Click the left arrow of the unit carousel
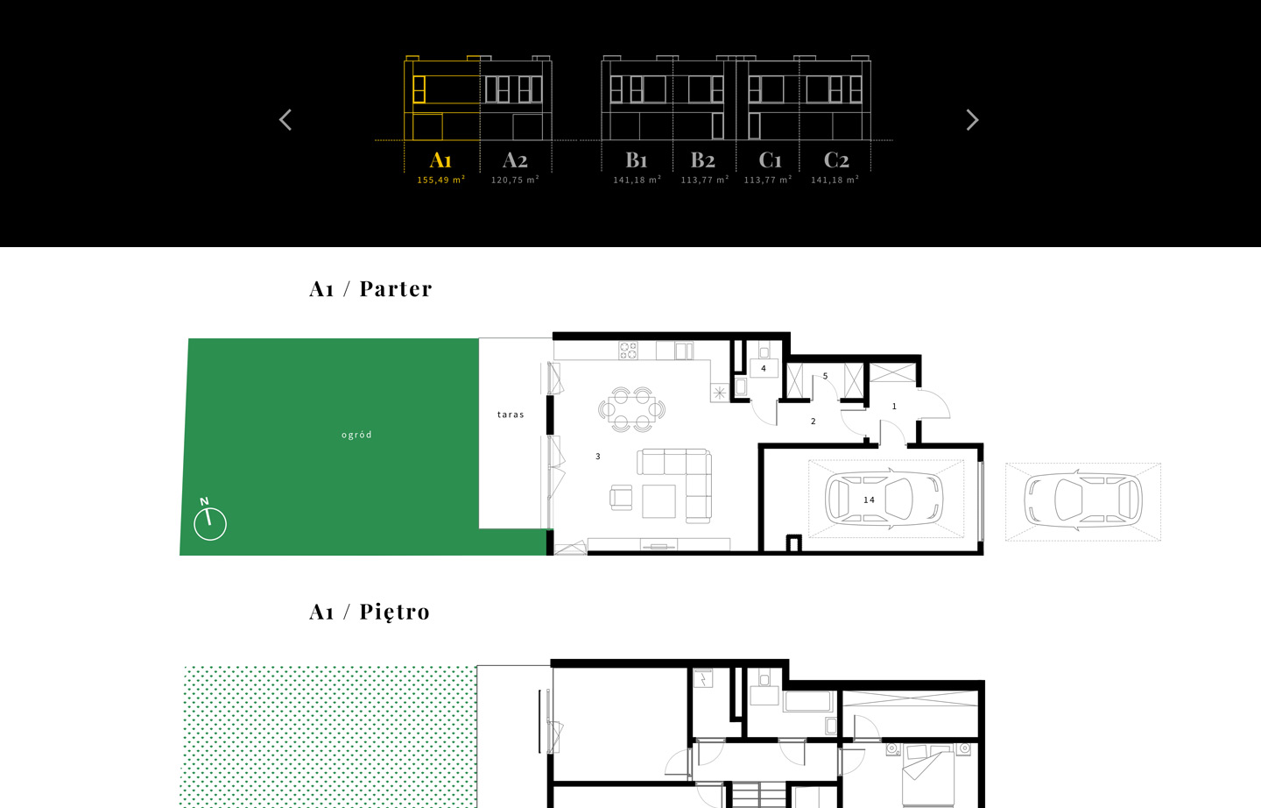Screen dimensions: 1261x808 click(285, 120)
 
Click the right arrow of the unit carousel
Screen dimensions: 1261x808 click(972, 120)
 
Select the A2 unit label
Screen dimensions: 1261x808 click(515, 160)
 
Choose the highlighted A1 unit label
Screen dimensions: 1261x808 click(440, 160)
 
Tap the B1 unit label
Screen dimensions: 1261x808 click(637, 160)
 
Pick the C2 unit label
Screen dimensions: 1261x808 click(836, 160)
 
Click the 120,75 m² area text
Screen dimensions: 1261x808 click(515, 180)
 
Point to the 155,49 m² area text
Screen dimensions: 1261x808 click(440, 180)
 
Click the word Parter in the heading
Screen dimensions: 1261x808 click(396, 289)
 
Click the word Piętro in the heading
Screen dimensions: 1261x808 click(395, 613)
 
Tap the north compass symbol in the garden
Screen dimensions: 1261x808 click(209, 520)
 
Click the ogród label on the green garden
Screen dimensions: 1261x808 click(356, 435)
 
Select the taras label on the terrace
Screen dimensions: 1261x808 click(511, 415)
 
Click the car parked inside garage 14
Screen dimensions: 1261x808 click(884, 500)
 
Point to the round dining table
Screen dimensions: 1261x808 click(631, 409)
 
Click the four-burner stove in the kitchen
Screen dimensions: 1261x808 click(628, 351)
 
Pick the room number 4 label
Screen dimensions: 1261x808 click(764, 368)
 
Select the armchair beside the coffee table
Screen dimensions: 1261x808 click(621, 498)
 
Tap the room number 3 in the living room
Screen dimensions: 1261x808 click(598, 457)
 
